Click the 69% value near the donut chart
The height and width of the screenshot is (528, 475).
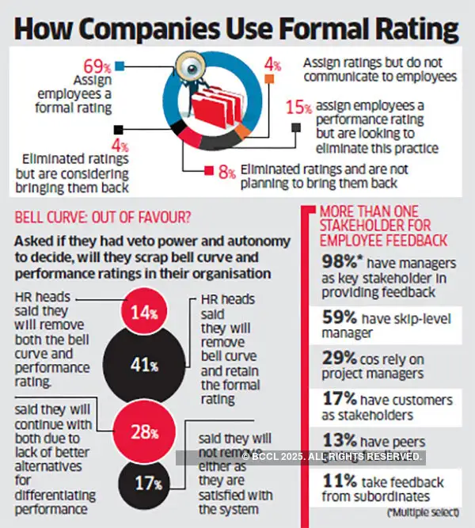click(x=96, y=65)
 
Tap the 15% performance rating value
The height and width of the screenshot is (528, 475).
click(x=298, y=106)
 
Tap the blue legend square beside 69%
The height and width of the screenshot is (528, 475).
click(x=119, y=66)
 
